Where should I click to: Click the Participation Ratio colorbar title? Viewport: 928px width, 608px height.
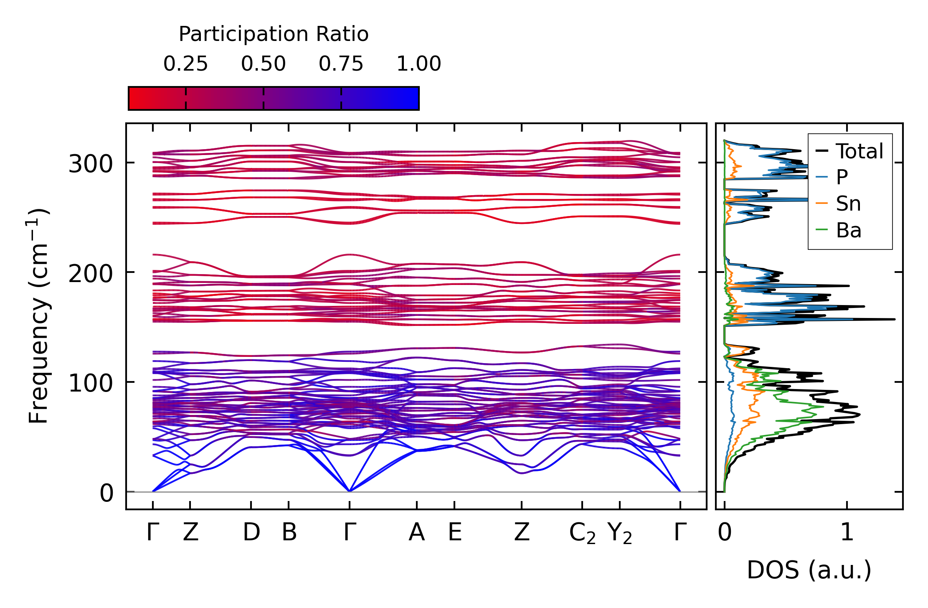coord(274,34)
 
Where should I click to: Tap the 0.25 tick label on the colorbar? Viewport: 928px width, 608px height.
coord(185,64)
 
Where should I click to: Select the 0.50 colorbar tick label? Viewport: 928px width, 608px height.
coord(263,64)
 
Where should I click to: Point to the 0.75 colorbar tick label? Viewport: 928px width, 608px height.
coord(341,64)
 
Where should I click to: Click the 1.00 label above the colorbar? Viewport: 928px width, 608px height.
coord(418,64)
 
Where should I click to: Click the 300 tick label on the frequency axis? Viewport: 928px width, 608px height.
coord(91,164)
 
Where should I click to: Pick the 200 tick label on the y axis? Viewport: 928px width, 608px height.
coord(91,274)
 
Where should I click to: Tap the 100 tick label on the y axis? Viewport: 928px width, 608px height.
coord(91,383)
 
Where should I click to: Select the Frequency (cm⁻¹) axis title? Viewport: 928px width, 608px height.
coord(39,316)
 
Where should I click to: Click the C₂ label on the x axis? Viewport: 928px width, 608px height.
coord(582,534)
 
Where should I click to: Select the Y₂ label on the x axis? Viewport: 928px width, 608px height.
coord(620,534)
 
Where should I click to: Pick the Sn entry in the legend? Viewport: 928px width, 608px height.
coord(848,204)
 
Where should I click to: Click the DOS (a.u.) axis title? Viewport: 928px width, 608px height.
coord(809,570)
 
